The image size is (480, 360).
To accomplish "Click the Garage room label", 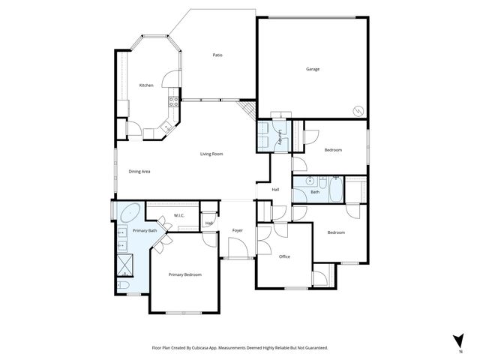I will [313, 69].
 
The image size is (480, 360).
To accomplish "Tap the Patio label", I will [217, 55].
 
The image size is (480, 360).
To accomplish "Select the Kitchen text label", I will [146, 85].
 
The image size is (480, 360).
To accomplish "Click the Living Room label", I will [211, 154].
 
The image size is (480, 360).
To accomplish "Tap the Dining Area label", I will [140, 172].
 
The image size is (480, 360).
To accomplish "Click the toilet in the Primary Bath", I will [124, 286].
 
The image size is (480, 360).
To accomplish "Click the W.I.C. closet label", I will [179, 216].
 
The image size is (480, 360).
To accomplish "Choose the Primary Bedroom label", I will [185, 274].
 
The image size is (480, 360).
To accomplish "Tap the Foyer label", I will [238, 230].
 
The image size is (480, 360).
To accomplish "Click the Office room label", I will [284, 256].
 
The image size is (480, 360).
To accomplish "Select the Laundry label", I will [280, 137].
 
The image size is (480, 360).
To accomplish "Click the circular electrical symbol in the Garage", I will [358, 111].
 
